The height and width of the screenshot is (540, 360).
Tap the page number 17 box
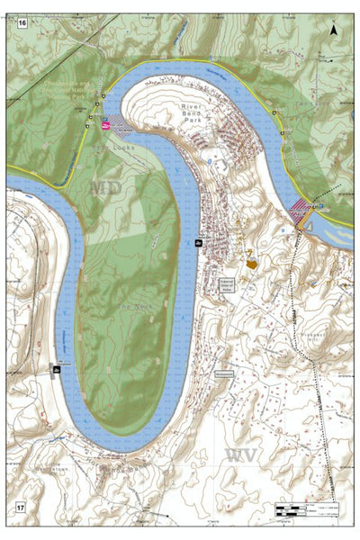click(x=20, y=508)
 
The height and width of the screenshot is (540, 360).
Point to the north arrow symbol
click(x=334, y=30)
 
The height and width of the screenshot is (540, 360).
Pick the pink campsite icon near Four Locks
click(x=106, y=127)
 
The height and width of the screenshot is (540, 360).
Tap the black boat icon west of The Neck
click(x=56, y=370)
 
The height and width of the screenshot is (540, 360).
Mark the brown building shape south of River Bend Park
click(x=251, y=264)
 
